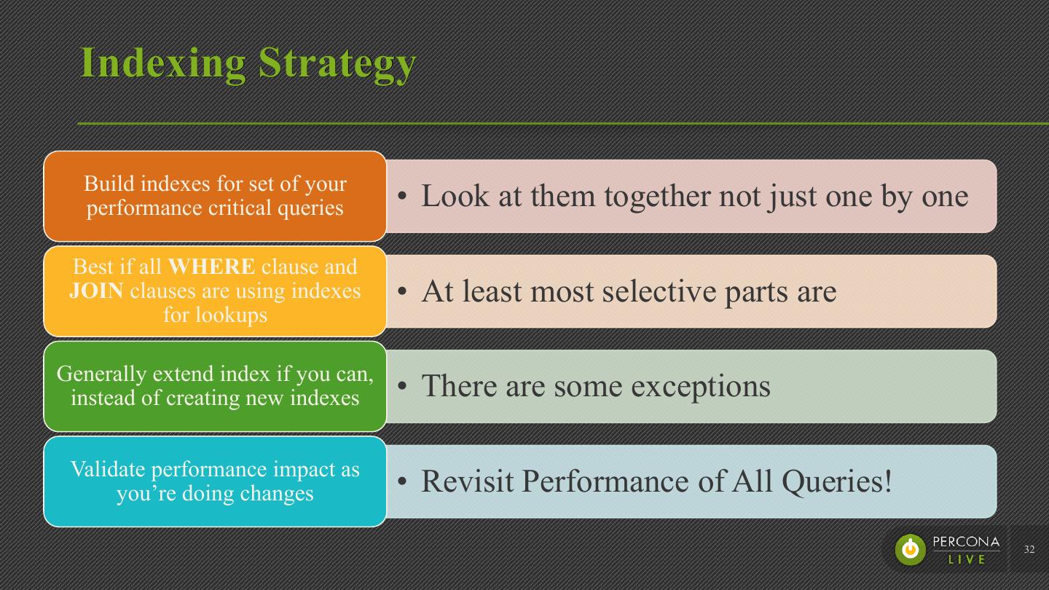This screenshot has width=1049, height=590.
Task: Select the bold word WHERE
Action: [212, 267]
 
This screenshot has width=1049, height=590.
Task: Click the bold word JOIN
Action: [96, 291]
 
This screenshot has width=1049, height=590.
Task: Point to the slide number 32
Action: [1029, 549]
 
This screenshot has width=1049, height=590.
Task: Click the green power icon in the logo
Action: [911, 549]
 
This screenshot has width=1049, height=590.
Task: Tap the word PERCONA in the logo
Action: [966, 543]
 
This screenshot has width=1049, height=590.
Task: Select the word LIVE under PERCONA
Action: [967, 559]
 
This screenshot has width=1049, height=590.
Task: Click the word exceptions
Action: [700, 385]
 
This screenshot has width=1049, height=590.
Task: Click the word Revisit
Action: [467, 481]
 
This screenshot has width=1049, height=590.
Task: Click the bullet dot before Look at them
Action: [402, 197]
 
